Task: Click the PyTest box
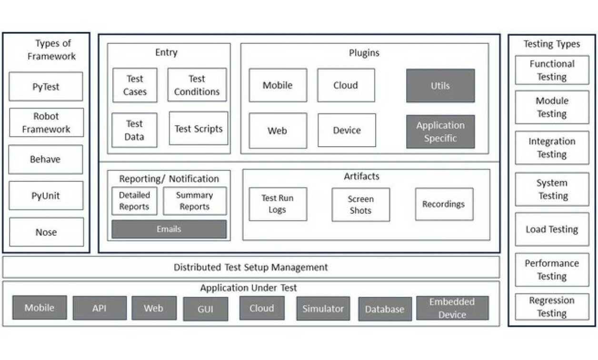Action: [46, 87]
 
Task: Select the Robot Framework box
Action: [46, 122]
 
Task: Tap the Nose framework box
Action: [46, 232]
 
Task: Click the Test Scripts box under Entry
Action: [198, 129]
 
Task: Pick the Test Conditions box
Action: [197, 85]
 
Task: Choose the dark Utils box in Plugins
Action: [440, 86]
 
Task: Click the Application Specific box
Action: [440, 131]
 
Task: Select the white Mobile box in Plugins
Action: [278, 85]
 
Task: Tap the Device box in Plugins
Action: [347, 130]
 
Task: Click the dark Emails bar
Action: [169, 229]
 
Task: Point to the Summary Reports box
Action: [195, 201]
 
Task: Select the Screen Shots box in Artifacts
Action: [360, 205]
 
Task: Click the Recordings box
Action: [444, 204]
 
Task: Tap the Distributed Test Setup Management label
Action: [251, 267]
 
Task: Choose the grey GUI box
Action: [205, 309]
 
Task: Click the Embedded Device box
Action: [452, 308]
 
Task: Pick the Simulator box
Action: [323, 309]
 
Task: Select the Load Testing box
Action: [552, 229]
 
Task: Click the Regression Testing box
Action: [552, 307]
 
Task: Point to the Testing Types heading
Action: [552, 44]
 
